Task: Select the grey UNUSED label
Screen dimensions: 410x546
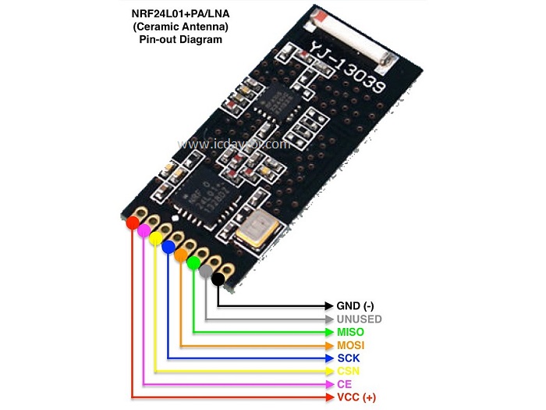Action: (359, 319)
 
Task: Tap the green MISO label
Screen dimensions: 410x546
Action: (350, 332)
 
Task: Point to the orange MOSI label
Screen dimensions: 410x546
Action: (351, 345)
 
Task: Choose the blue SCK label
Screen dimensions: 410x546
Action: (348, 358)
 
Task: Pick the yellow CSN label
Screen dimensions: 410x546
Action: (349, 371)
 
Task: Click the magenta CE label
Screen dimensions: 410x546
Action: (345, 384)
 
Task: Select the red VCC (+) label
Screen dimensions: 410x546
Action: (356, 398)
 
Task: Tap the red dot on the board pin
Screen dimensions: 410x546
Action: (133, 223)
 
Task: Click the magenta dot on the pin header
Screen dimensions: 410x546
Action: (144, 231)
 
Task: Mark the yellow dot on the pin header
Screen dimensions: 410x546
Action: (156, 238)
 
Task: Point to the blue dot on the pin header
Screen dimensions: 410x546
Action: (168, 247)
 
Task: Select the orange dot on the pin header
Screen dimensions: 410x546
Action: (181, 255)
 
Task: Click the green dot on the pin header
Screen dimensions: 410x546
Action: (193, 263)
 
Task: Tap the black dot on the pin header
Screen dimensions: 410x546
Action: (218, 278)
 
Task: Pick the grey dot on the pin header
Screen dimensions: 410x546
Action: (206, 271)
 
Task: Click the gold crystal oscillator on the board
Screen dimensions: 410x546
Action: (255, 226)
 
